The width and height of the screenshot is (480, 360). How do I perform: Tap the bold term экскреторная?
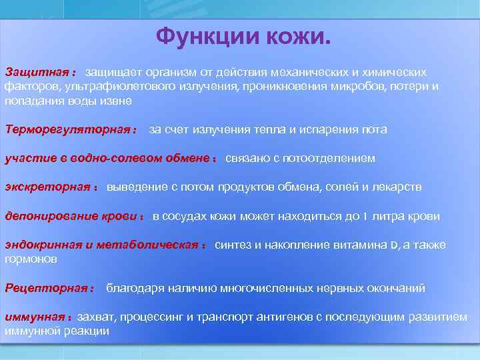[46, 187]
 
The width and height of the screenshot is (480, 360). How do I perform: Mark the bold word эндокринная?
[43, 245]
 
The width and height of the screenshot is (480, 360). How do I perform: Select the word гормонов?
[31, 258]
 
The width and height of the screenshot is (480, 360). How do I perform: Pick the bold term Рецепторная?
[46, 288]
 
